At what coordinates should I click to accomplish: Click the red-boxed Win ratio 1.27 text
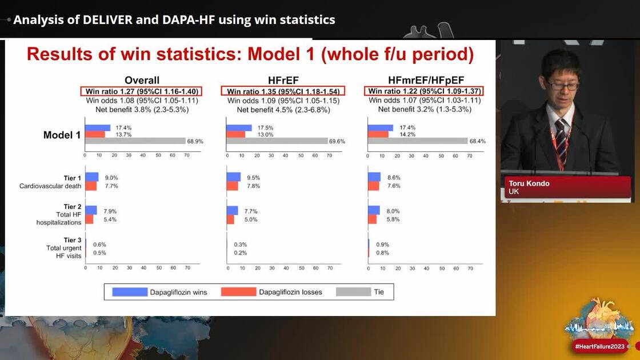click(142, 91)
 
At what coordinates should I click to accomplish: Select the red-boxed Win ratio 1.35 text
click(283, 91)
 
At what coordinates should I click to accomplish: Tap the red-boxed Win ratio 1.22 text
click(425, 91)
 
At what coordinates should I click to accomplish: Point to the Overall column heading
click(142, 81)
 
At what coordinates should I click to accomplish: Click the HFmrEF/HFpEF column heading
click(424, 81)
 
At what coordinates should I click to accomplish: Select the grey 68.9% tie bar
click(135, 141)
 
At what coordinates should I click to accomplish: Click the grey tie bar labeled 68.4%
click(418, 141)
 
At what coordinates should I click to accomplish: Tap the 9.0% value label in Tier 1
click(111, 178)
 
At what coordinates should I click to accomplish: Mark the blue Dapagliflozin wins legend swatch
click(130, 292)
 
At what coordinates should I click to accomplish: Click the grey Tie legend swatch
click(353, 292)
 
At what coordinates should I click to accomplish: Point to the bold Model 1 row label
click(62, 135)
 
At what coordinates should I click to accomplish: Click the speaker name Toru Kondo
click(530, 183)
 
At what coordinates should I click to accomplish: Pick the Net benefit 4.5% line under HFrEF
click(283, 109)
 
